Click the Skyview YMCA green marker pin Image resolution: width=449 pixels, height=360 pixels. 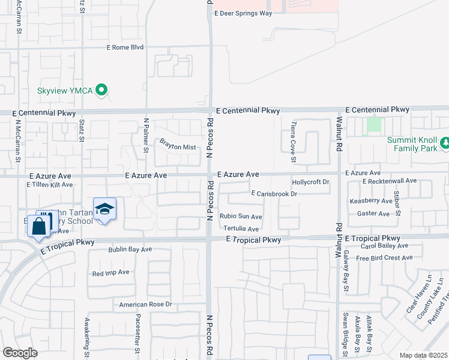tap(102, 90)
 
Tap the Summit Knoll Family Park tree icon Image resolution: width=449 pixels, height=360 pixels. tap(445, 143)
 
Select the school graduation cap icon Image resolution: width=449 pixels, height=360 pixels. tap(104, 209)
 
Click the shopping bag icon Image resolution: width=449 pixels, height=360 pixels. tap(38, 226)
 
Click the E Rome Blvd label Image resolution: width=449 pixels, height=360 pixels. tap(125, 47)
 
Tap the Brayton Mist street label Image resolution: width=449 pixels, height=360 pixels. tap(178, 145)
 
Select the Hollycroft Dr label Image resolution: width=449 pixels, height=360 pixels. tap(310, 182)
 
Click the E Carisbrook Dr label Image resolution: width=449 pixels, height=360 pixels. tap(274, 194)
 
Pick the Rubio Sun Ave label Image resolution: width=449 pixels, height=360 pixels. tap(241, 217)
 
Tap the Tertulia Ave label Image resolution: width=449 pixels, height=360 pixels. tap(241, 229)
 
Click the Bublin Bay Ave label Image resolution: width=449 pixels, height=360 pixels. tap(130, 249)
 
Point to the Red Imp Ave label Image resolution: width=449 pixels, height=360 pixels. tap(110, 272)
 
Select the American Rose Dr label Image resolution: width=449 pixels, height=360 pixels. tap(145, 305)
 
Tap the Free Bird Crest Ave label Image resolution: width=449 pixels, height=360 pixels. tap(384, 258)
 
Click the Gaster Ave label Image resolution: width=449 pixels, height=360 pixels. tap(373, 214)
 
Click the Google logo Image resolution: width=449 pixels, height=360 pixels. tap(20, 353)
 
